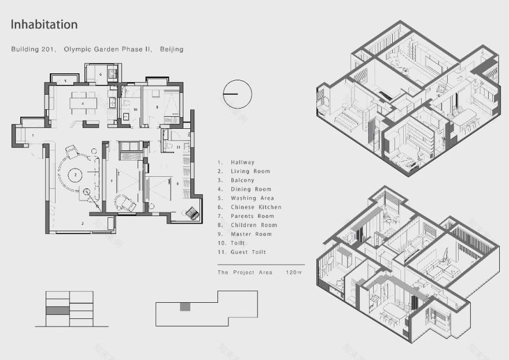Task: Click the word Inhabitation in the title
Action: pos(44,25)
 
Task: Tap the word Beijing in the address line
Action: pos(171,50)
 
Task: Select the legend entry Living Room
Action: pos(250,172)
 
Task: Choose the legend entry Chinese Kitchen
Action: pos(256,207)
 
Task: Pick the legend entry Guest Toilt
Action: pos(248,253)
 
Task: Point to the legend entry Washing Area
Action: pos(252,198)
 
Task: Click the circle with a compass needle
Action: pos(238,94)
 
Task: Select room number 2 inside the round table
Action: pos(75,173)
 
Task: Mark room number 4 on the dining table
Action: pos(83,103)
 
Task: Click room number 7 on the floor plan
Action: pos(112,181)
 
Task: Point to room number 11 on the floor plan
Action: pos(178,147)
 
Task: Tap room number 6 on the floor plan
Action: pos(100,74)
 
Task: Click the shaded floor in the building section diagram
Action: pos(58,311)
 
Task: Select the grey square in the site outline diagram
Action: pos(185,306)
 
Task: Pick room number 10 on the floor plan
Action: pos(135,109)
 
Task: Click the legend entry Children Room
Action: pos(253,225)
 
